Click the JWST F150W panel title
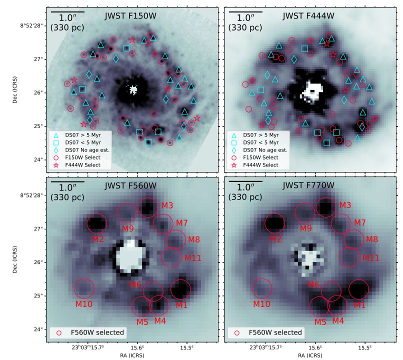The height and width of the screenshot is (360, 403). pyautogui.click(x=130, y=15)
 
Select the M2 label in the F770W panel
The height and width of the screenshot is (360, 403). pyautogui.click(x=275, y=239)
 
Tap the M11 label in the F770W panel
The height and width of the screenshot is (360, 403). pyautogui.click(x=370, y=258)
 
